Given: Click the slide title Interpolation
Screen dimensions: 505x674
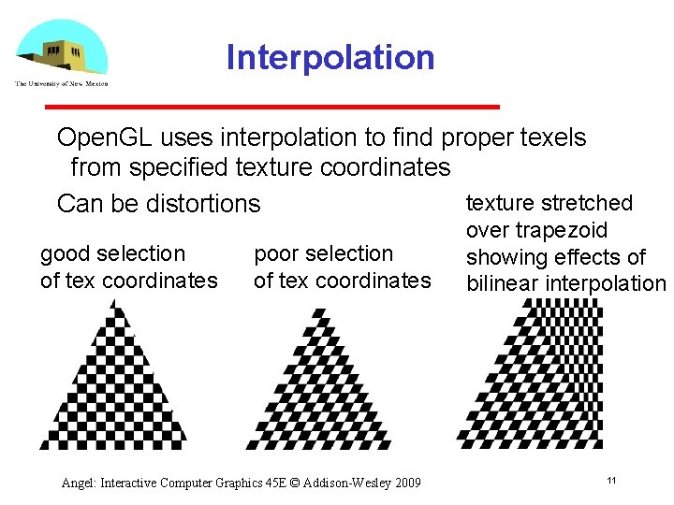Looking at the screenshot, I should [330, 58].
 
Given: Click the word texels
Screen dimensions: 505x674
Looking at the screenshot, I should [552, 138].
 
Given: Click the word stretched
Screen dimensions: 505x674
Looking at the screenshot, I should [587, 203].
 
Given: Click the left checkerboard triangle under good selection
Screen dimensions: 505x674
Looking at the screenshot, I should [112, 383].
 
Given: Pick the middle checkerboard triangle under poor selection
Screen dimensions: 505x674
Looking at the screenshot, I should [318, 383].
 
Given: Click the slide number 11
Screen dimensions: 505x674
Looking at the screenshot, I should [610, 480].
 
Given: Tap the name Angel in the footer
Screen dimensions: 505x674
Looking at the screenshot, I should [79, 483].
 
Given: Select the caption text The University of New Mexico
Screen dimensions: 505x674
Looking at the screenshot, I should [62, 83].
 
